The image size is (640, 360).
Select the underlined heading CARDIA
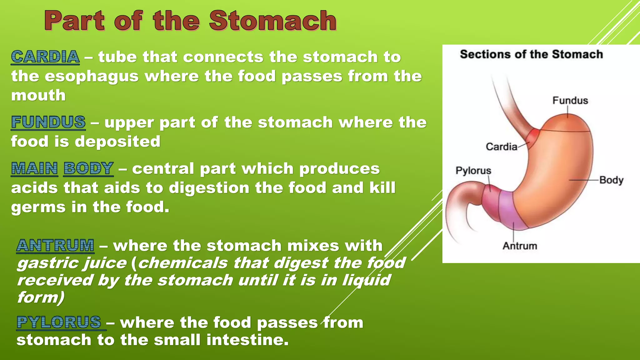click(45, 57)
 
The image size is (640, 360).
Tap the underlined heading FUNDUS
click(48, 122)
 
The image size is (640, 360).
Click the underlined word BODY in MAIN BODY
click(88, 168)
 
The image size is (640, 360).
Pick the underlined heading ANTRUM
click(55, 245)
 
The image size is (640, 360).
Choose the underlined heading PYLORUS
click(59, 322)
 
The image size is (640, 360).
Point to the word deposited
click(117, 142)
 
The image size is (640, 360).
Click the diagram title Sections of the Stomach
click(531, 54)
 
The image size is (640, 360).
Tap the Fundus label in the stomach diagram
click(570, 101)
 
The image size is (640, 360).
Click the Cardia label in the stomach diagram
click(501, 147)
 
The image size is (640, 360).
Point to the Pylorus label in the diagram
click(473, 171)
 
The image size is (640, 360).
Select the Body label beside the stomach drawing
click(611, 180)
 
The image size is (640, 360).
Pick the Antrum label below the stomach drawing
click(520, 246)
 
